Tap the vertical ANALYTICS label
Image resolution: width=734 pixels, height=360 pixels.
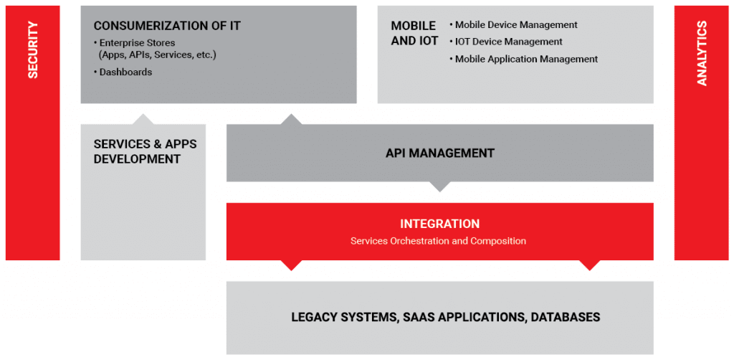click(702, 54)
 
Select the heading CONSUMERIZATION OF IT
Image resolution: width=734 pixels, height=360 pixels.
click(167, 26)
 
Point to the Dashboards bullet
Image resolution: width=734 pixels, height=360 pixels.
click(123, 72)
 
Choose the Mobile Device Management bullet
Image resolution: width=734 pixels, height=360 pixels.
click(513, 25)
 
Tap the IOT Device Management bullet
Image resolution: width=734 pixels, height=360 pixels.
click(505, 42)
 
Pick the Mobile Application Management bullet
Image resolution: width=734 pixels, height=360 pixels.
click(523, 59)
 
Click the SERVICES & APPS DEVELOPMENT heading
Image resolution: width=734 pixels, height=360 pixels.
click(145, 151)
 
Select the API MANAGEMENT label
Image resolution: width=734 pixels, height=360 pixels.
click(440, 153)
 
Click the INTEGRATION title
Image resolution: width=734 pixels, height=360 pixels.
click(439, 224)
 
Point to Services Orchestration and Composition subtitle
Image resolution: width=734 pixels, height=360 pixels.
click(438, 241)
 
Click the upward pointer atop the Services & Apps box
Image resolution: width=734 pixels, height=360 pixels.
click(143, 119)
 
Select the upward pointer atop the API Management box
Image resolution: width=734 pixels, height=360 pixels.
click(291, 119)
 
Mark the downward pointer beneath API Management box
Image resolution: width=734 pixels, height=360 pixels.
click(439, 186)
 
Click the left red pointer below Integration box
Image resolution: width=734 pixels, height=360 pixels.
click(291, 265)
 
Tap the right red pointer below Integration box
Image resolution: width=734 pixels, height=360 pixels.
click(589, 265)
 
